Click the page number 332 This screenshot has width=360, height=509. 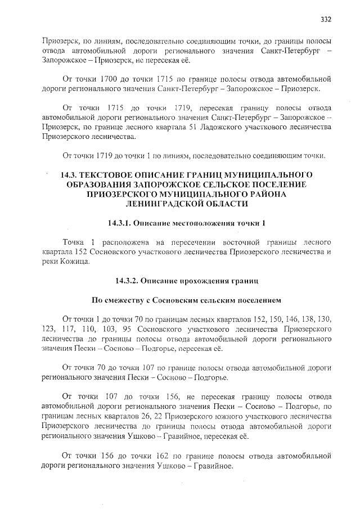coord(326,19)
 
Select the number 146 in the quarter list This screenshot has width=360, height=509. coord(268,317)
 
